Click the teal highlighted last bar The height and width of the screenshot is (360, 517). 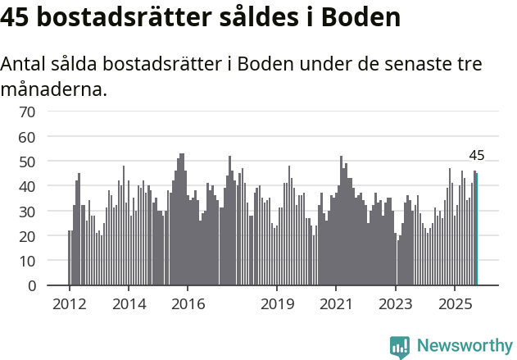click(x=477, y=230)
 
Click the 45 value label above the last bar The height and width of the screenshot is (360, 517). click(x=477, y=155)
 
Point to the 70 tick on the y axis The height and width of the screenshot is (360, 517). click(x=27, y=112)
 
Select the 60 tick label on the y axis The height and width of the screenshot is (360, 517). click(x=27, y=136)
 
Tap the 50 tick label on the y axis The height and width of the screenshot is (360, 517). click(x=27, y=162)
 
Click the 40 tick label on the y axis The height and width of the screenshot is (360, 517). click(x=27, y=186)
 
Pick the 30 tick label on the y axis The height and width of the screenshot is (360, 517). click(x=27, y=212)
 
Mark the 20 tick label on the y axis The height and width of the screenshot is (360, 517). click(x=27, y=236)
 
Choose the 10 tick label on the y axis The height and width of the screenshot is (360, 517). click(x=27, y=262)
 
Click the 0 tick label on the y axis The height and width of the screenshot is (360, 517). click(x=31, y=286)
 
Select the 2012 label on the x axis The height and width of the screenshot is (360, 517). click(x=69, y=304)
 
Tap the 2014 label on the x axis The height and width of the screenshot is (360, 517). click(x=128, y=304)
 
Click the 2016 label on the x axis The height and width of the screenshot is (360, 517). click(x=188, y=304)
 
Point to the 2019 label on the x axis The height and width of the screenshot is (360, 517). click(x=277, y=304)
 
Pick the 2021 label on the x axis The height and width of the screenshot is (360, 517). click(x=336, y=304)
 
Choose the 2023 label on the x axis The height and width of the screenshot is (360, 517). click(x=396, y=304)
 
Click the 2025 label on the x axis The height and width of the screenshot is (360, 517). click(x=455, y=304)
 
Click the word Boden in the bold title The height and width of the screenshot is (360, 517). click(x=361, y=16)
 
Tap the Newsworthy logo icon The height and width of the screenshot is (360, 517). click(x=400, y=346)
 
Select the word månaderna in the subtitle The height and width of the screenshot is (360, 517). click(x=54, y=89)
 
